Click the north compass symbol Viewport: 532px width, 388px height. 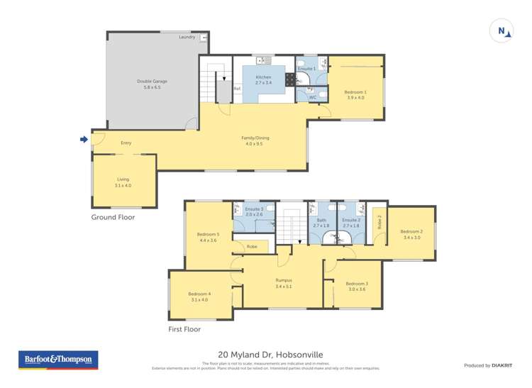(x=502, y=31)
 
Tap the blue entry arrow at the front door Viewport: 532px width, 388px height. (x=84, y=139)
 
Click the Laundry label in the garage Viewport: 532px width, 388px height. (x=187, y=37)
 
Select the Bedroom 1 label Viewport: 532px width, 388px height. (x=355, y=92)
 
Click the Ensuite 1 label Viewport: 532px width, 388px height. (x=306, y=68)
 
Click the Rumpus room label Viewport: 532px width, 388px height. (x=284, y=280)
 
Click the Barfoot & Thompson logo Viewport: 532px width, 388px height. (x=57, y=360)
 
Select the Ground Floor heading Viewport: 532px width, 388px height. (x=112, y=217)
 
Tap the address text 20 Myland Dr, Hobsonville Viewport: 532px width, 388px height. (x=266, y=357)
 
